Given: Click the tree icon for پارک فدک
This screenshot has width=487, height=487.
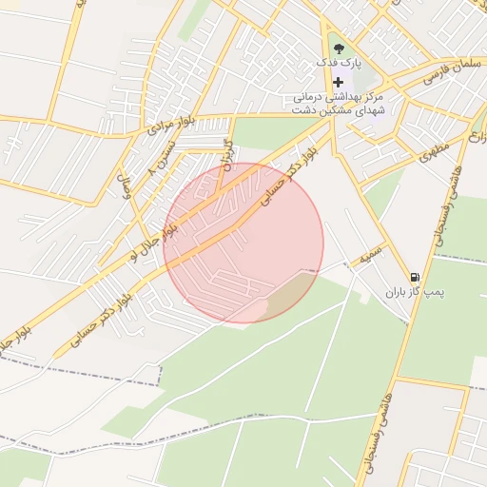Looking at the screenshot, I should click(x=339, y=48).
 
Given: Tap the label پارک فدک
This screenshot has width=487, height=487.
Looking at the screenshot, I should click(x=339, y=63).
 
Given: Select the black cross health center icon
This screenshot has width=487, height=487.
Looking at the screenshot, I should click(x=338, y=83).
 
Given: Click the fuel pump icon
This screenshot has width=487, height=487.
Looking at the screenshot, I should click(x=412, y=278).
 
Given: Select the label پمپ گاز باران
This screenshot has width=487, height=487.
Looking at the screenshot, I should click(x=411, y=293).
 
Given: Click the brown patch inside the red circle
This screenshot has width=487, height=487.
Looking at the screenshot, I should click(x=290, y=295).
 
